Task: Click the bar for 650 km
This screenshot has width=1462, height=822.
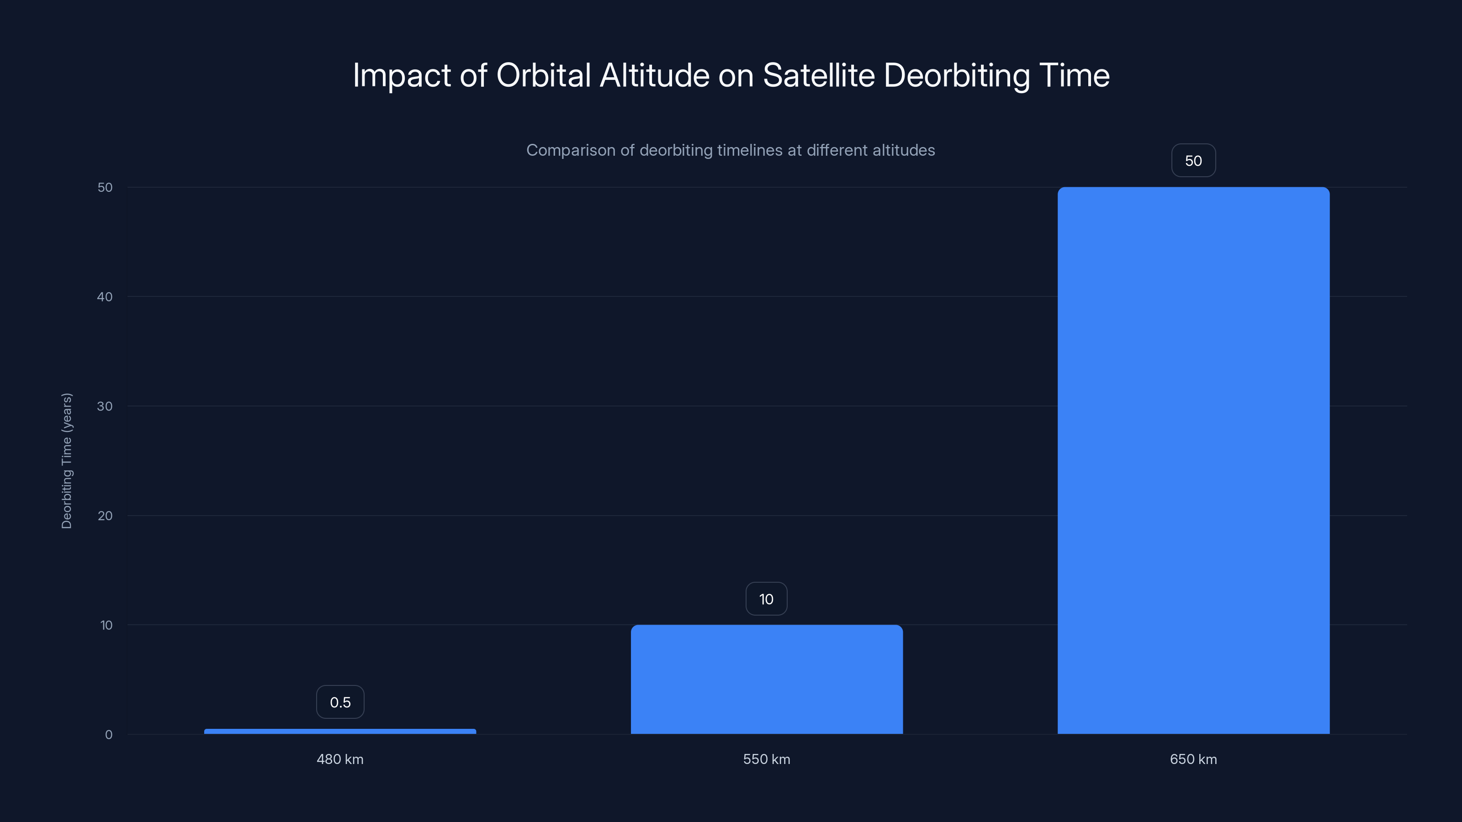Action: click(1193, 459)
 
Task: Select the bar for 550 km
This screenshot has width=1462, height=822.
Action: click(766, 679)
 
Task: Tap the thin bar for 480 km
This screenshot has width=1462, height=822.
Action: click(340, 731)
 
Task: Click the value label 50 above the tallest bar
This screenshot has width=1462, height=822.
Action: click(1193, 161)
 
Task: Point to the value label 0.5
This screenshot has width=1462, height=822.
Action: click(340, 702)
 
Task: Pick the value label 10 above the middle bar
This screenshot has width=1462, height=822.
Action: click(766, 599)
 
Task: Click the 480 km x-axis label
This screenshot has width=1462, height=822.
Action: click(340, 759)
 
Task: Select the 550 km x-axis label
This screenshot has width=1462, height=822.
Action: click(766, 759)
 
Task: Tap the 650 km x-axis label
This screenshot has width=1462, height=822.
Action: click(1193, 759)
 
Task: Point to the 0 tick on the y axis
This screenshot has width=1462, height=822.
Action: click(108, 735)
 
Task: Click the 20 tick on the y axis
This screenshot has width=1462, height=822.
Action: click(105, 516)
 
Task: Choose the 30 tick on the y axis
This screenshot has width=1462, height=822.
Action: click(105, 406)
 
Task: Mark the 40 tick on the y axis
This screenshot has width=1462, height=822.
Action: click(105, 297)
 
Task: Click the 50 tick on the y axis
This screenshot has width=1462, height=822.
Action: click(105, 187)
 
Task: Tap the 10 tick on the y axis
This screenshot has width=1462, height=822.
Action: click(106, 625)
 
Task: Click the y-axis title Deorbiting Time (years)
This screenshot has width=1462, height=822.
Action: click(66, 461)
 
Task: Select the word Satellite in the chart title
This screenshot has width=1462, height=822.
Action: click(818, 75)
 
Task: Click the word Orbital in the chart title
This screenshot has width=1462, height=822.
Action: click(543, 75)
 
